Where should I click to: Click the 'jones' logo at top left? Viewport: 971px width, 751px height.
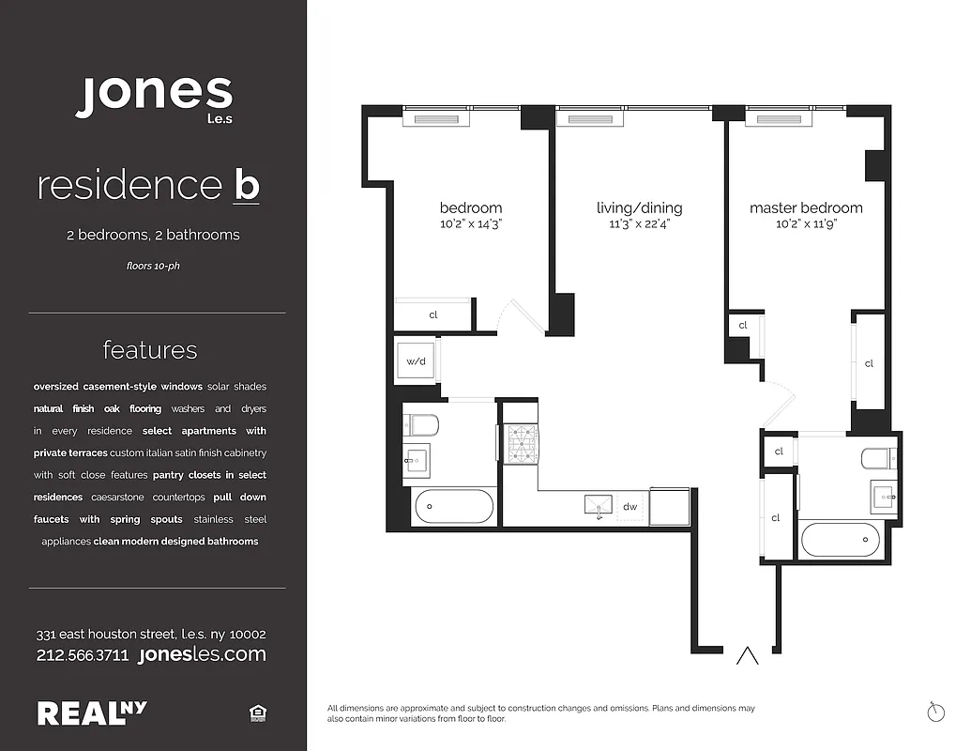click(154, 96)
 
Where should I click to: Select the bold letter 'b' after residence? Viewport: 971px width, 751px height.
click(246, 186)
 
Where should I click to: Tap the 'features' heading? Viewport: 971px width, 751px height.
click(150, 350)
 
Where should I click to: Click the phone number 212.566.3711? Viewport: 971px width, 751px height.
click(83, 655)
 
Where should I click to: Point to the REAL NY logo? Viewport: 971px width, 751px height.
click(92, 713)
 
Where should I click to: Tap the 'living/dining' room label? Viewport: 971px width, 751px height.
click(639, 208)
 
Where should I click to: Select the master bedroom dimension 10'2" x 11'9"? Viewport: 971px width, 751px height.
click(806, 224)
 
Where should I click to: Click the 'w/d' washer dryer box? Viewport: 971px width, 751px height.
click(416, 361)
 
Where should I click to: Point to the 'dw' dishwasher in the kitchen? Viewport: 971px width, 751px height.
click(630, 507)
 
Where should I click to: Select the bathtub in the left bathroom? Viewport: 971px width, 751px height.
click(453, 508)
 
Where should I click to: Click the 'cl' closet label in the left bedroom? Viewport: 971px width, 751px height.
click(432, 315)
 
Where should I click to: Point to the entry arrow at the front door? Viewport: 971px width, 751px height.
click(747, 655)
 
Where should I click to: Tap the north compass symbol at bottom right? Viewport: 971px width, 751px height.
click(934, 712)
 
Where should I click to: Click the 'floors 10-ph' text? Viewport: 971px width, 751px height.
click(153, 266)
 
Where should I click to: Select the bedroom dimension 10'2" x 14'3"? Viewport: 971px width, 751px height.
click(471, 224)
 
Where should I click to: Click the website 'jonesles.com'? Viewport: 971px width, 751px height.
click(202, 655)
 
